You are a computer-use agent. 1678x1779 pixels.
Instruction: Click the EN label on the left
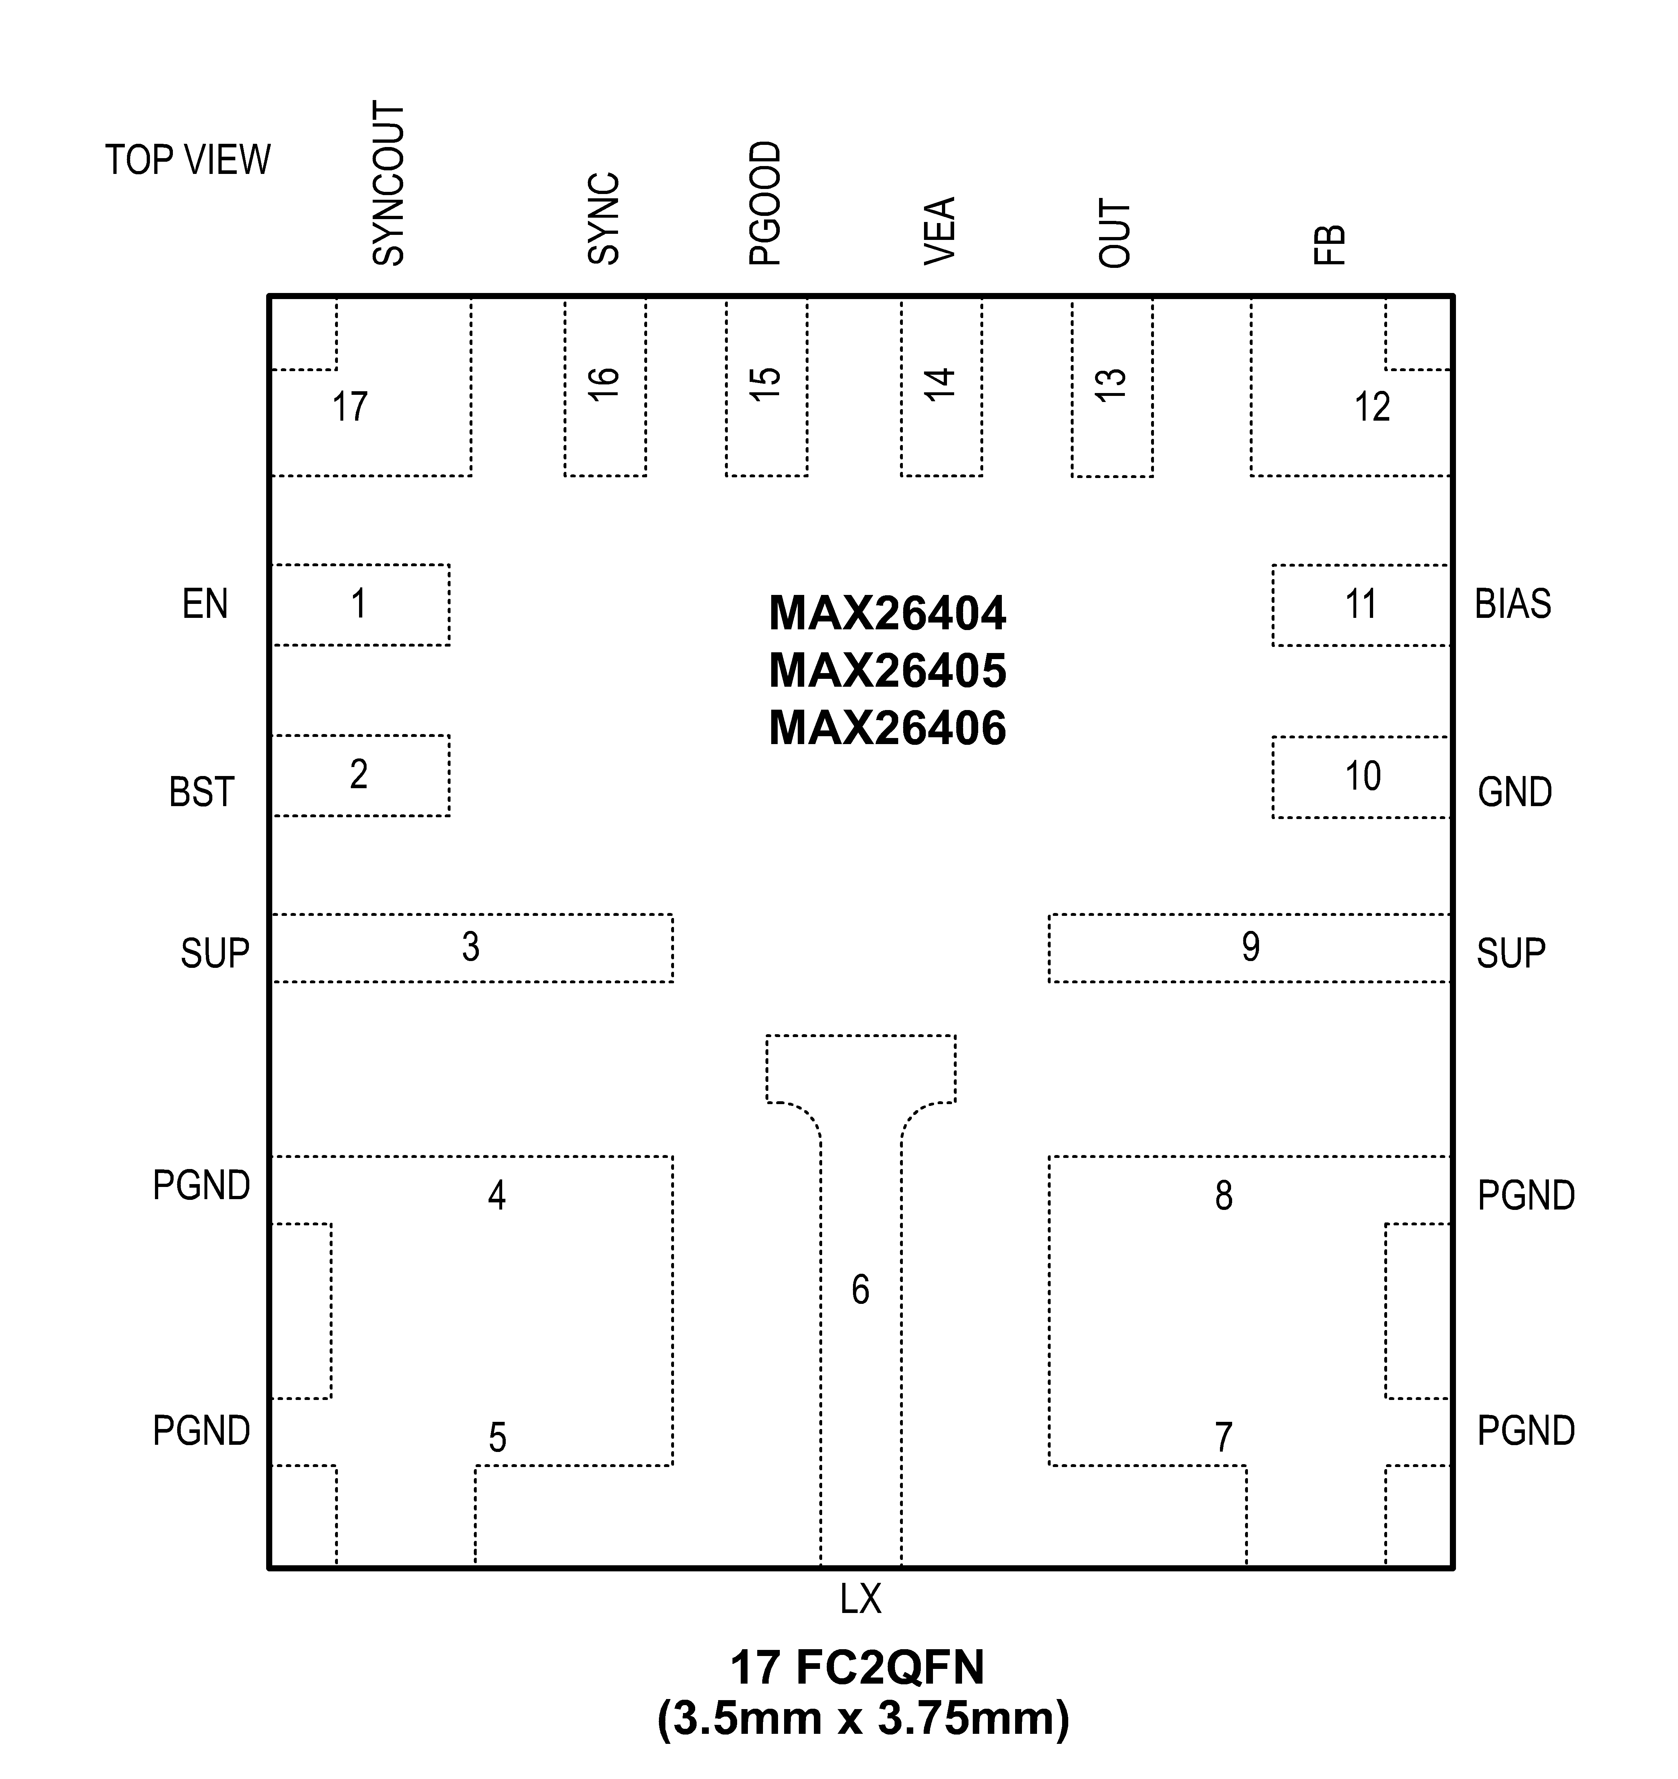click(x=205, y=605)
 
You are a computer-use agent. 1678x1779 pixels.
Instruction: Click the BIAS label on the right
click(x=1512, y=605)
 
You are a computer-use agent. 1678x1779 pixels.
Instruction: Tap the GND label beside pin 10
click(x=1514, y=793)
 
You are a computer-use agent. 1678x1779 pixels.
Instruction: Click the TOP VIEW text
click(x=188, y=160)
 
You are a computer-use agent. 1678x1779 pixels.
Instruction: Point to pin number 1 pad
click(x=359, y=605)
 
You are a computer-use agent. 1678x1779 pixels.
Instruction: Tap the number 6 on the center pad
click(x=860, y=1290)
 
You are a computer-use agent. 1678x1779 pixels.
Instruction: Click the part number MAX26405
click(x=887, y=671)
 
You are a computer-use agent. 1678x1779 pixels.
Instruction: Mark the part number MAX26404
click(x=887, y=614)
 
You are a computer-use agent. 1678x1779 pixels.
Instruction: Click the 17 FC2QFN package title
click(x=857, y=1667)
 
